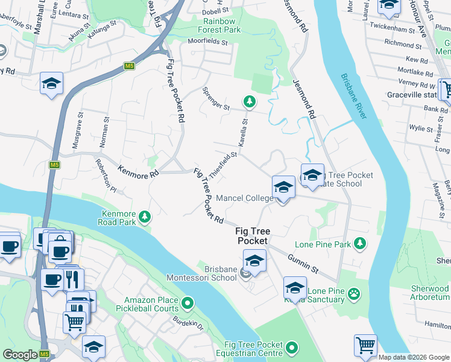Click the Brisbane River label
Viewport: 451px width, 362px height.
pyautogui.click(x=353, y=97)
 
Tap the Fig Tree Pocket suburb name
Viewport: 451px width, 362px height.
pyautogui.click(x=252, y=236)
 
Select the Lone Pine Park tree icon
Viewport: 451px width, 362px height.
pyautogui.click(x=359, y=243)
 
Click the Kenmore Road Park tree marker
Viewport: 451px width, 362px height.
pyautogui.click(x=144, y=216)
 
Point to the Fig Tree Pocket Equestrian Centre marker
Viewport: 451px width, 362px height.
pyautogui.click(x=292, y=348)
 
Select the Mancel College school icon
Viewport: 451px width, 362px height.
pyautogui.click(x=283, y=188)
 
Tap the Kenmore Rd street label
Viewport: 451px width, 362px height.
pyautogui.click(x=138, y=172)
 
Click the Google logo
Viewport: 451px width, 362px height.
pyautogui.click(x=20, y=355)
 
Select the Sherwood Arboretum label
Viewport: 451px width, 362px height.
pyautogui.click(x=430, y=293)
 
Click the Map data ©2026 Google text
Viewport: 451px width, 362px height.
pyautogui.click(x=414, y=357)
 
